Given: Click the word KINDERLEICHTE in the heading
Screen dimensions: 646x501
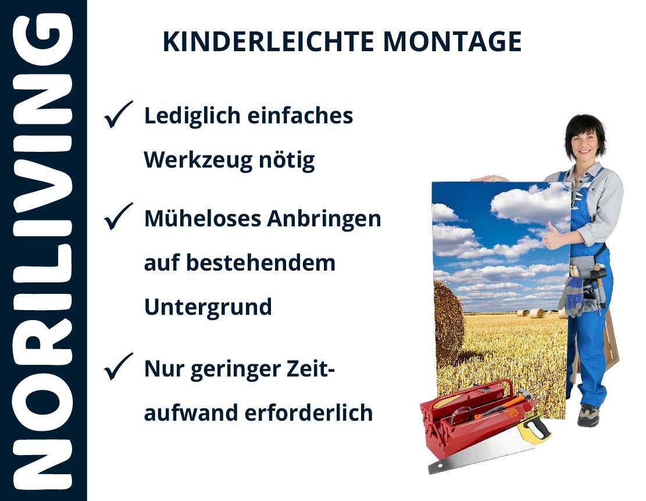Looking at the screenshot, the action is [x=268, y=42].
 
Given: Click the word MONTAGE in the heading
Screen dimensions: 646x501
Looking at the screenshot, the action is [x=452, y=42].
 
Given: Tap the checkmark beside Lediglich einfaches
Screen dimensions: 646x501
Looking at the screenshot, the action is [x=118, y=114].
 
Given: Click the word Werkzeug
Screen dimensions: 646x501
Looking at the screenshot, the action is [x=198, y=160].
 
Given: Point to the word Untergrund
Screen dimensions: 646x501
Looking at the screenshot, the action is [x=208, y=307].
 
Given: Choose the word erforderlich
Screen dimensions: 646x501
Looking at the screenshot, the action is [x=309, y=413].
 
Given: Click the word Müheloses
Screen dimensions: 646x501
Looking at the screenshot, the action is [x=202, y=219].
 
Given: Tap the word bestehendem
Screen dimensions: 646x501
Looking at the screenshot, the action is [x=261, y=263].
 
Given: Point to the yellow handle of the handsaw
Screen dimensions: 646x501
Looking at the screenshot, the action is [x=534, y=429].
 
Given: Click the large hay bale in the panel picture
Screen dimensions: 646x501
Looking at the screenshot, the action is [x=449, y=322].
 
